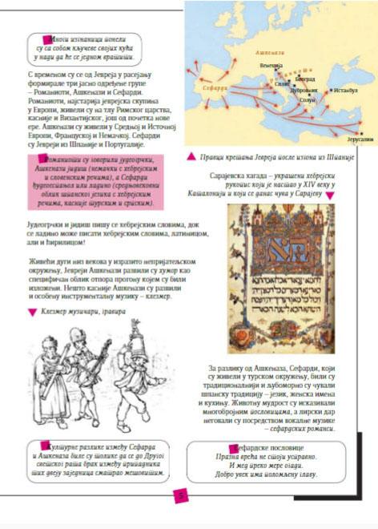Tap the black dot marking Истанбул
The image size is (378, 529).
click(330, 102)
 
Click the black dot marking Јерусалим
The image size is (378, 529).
click(364, 132)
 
